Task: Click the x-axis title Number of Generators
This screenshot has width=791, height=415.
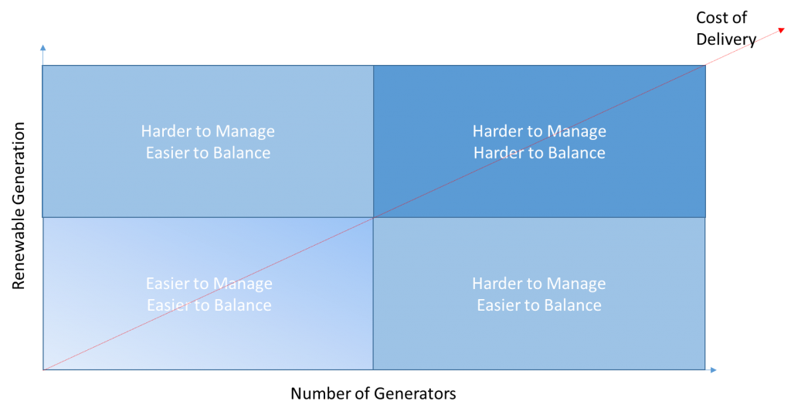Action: coord(373,393)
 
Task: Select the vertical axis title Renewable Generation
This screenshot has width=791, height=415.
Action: coord(19,206)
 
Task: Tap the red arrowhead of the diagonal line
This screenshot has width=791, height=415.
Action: coord(782,30)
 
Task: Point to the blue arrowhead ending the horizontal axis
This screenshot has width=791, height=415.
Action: coord(713,370)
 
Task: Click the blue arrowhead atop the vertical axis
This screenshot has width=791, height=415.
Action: coord(43,47)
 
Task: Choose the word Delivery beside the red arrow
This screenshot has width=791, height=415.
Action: coord(726,39)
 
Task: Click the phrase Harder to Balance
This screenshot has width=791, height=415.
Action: coord(539,152)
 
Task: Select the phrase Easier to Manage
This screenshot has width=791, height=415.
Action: coord(209,283)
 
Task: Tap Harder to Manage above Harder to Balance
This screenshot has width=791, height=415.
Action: coord(539,131)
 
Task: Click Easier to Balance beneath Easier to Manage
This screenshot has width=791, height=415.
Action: coord(209,305)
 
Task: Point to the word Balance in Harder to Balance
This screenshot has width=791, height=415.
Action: coord(577,152)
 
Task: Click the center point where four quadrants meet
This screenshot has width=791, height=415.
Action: coord(373,218)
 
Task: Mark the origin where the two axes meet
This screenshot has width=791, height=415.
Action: coord(43,370)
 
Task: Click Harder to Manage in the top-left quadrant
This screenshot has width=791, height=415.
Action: coord(208,131)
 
